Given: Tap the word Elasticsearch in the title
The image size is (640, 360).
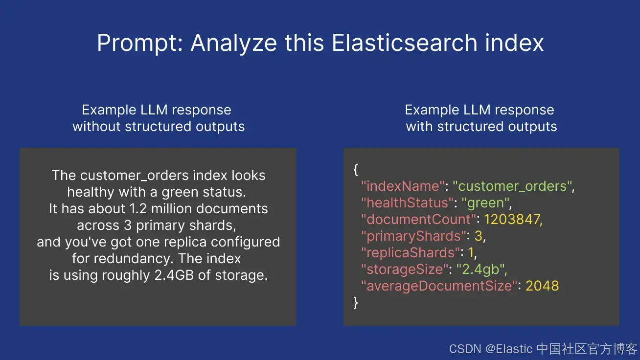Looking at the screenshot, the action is pyautogui.click(x=404, y=43).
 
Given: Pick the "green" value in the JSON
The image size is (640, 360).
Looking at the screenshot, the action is pyautogui.click(x=486, y=203).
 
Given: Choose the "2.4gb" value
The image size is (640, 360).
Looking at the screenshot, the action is pyautogui.click(x=482, y=270).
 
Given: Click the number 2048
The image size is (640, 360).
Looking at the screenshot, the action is pyautogui.click(x=542, y=286).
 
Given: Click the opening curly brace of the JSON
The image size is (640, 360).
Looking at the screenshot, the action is pyautogui.click(x=356, y=170).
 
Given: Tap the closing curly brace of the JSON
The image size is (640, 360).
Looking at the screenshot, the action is pyautogui.click(x=356, y=303).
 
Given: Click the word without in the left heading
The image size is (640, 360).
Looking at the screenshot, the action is pyautogui.click(x=97, y=127).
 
